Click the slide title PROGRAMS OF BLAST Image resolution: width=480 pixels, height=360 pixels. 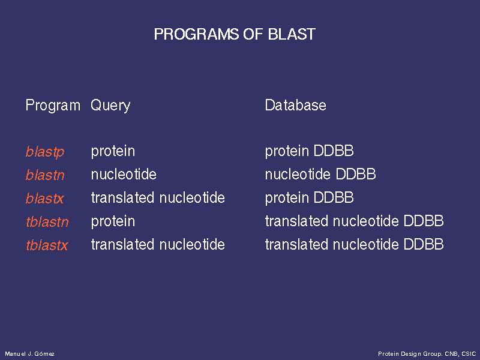pyautogui.click(x=235, y=34)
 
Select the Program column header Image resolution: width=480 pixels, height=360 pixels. pyautogui.click(x=53, y=106)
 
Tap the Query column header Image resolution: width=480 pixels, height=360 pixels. pyautogui.click(x=110, y=106)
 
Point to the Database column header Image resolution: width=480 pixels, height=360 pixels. pyautogui.click(x=295, y=106)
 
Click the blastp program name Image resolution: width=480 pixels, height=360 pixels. pyautogui.click(x=45, y=152)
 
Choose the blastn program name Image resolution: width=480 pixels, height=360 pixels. pyautogui.click(x=45, y=175)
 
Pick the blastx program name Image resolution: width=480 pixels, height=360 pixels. pyautogui.click(x=44, y=198)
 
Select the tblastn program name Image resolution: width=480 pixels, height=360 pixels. pyautogui.click(x=47, y=221)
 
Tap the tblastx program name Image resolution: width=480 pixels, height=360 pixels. pyautogui.click(x=47, y=245)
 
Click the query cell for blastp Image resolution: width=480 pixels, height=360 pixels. pyautogui.click(x=113, y=152)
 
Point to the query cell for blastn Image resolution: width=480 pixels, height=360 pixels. pyautogui.click(x=124, y=174)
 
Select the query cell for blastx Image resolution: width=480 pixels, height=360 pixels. pyautogui.click(x=158, y=197)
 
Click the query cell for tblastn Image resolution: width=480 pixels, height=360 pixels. pyautogui.click(x=113, y=221)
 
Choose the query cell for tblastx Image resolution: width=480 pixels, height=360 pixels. pyautogui.click(x=158, y=244)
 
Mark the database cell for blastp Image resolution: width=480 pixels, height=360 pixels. pyautogui.click(x=309, y=152)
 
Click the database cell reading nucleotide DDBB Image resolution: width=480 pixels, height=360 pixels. pyautogui.click(x=320, y=174)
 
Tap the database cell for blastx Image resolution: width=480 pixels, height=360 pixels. pyautogui.click(x=309, y=198)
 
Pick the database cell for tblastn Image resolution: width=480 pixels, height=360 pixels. pyautogui.click(x=354, y=221)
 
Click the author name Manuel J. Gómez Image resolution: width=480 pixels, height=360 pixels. pyautogui.click(x=29, y=354)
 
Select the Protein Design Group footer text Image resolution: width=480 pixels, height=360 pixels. pyautogui.click(x=427, y=354)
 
